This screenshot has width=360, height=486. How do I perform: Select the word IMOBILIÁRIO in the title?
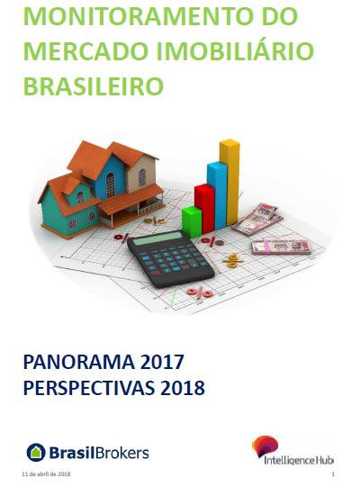tap(235, 50)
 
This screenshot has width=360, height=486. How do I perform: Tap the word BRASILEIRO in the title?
tap(94, 85)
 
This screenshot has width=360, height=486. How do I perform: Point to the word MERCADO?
tap(87, 50)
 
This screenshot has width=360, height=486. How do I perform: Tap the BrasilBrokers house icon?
tap(36, 453)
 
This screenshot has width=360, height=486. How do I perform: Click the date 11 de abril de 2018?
tap(46, 474)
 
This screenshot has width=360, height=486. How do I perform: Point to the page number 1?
tap(333, 474)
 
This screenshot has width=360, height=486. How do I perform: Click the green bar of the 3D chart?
tap(192, 221)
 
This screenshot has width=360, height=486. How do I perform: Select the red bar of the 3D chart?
tap(204, 208)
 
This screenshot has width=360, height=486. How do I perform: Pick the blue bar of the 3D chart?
tap(218, 194)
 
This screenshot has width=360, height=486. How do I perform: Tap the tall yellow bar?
tap(229, 182)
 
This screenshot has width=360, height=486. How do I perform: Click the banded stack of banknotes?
tap(281, 247)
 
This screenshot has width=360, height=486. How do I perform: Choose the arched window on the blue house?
tap(111, 185)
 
